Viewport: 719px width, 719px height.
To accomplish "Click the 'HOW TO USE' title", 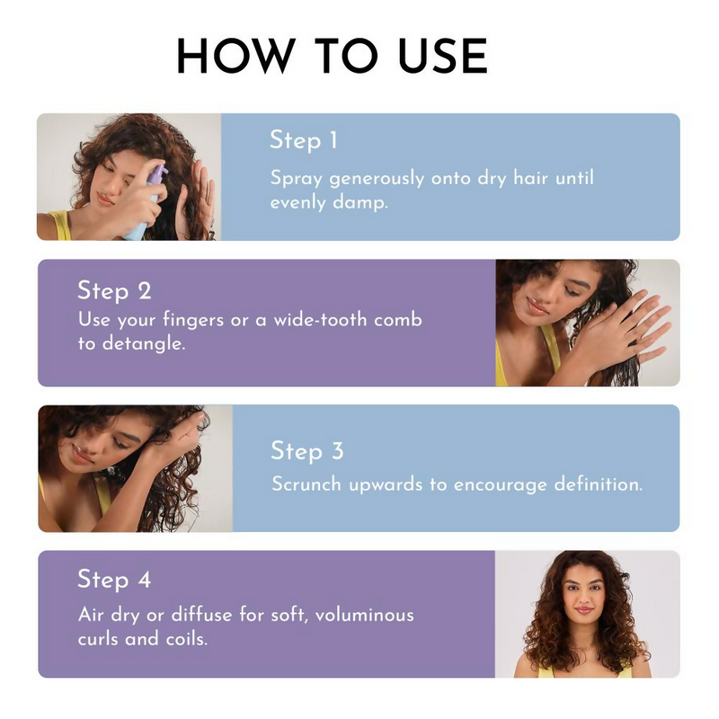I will coord(332,58).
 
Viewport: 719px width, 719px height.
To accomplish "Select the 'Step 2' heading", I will coord(114,290).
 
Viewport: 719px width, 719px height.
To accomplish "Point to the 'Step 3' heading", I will coord(306,450).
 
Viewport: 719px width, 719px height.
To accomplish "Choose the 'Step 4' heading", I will coord(114,580).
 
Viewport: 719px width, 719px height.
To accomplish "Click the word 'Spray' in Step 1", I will coord(297,179).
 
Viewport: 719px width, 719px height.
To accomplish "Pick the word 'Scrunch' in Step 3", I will coord(306,484).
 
